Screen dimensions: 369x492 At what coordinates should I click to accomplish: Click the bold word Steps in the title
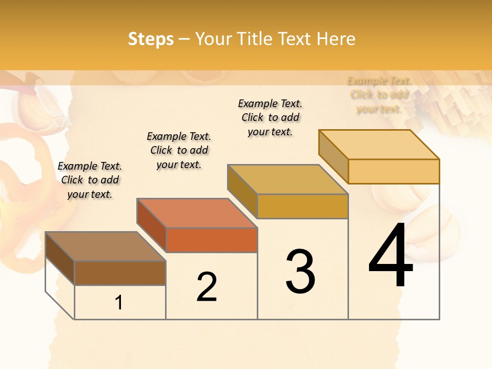pos(151,39)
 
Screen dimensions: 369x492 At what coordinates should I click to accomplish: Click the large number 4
pos(391,256)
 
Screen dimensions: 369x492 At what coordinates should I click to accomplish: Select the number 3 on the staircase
pos(300,271)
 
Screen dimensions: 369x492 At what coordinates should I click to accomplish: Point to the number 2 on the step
pos(207,287)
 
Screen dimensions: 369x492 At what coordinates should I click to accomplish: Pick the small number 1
pos(119,303)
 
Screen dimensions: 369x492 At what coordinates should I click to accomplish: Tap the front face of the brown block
pos(120,273)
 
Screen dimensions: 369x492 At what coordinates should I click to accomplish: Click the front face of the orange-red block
pos(212,240)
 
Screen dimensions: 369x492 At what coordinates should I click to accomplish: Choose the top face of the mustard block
pos(288,179)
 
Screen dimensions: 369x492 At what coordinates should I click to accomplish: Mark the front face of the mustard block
pos(302,206)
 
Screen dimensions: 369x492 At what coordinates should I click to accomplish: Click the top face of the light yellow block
pos(379,144)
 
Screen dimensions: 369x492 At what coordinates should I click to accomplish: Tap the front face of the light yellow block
pos(394,171)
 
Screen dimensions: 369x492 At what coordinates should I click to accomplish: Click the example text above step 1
pos(90,180)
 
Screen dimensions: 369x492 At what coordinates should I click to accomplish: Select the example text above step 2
pos(179,150)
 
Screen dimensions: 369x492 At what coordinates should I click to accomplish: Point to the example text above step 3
pos(270,117)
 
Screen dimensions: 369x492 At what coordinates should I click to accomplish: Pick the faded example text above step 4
pos(379,95)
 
